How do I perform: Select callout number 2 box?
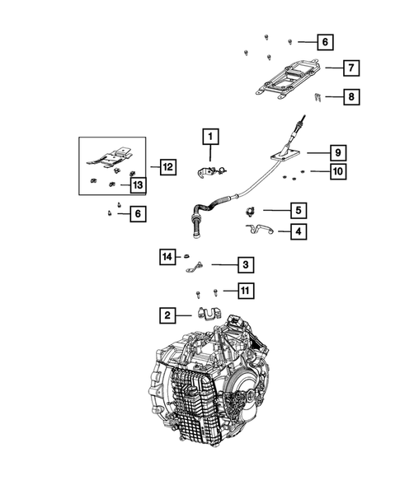[x=167, y=314]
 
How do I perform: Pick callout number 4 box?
[x=297, y=232]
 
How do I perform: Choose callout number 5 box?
[x=297, y=210]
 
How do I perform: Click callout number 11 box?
[x=245, y=290]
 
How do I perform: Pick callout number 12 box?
[x=167, y=167]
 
